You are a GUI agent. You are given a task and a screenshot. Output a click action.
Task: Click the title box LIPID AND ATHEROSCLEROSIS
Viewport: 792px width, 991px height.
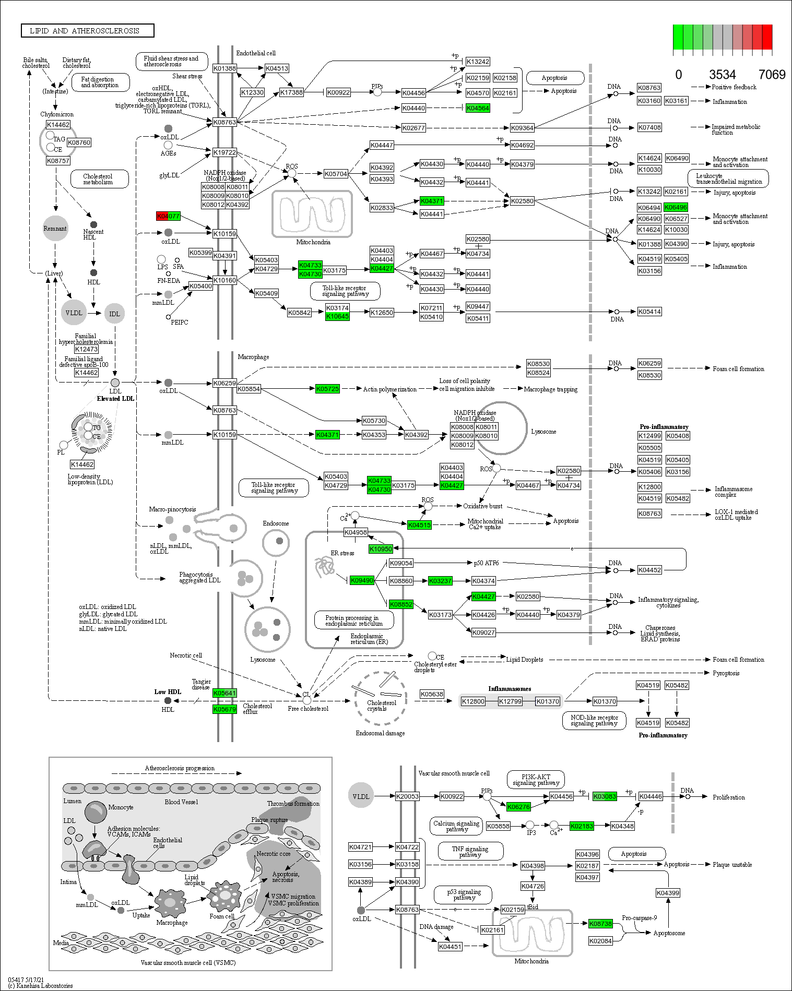point(87,31)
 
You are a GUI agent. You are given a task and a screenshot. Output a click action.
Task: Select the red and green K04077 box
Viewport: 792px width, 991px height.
point(168,216)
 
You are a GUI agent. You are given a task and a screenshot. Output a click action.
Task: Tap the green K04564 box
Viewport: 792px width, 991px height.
point(478,108)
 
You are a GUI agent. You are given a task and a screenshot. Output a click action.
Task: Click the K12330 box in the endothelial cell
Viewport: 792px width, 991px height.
point(252,92)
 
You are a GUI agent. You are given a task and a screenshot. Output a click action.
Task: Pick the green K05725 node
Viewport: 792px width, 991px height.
point(327,389)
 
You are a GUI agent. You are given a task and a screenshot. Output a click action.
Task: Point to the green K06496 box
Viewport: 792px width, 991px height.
point(676,207)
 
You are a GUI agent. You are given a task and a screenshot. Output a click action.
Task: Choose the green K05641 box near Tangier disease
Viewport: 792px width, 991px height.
point(224,693)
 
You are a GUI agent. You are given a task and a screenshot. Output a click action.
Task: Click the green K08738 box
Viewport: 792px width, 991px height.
point(600,924)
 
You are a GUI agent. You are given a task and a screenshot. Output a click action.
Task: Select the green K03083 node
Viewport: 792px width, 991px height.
point(605,796)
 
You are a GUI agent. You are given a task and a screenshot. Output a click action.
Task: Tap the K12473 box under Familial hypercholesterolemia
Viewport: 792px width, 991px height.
point(86,349)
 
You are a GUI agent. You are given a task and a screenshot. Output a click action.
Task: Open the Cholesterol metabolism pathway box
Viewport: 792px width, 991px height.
point(99,179)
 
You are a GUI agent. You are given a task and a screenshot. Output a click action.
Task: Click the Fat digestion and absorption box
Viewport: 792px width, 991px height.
point(100,82)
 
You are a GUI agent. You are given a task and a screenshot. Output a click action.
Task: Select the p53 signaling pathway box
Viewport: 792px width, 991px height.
point(464,894)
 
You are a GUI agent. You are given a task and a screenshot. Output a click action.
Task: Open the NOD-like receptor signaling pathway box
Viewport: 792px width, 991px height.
point(594,720)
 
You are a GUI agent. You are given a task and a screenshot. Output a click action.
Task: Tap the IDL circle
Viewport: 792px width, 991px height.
point(114,314)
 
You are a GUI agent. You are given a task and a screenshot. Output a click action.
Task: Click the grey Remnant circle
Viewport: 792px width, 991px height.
point(55,229)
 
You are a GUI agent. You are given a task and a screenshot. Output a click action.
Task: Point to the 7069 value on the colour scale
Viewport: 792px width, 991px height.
point(771,75)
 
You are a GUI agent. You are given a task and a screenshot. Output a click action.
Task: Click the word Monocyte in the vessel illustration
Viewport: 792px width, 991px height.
point(121,807)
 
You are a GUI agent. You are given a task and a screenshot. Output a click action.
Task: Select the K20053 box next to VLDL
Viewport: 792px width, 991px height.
point(407,796)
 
